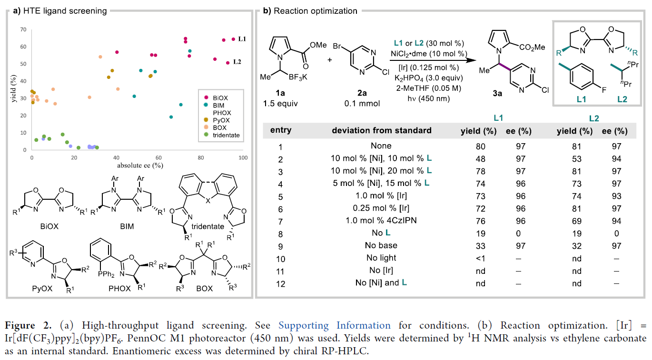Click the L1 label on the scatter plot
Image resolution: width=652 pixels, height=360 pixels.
(x=241, y=39)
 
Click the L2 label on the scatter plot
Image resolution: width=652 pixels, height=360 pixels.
(x=237, y=62)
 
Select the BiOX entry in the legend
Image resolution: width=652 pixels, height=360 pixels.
(x=221, y=97)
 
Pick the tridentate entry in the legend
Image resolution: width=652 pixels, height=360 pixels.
(x=226, y=135)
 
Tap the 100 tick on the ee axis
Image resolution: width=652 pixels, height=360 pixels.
(x=243, y=157)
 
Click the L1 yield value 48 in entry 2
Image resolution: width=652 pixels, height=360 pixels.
(x=480, y=159)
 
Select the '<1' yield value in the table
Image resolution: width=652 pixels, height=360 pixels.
(x=480, y=258)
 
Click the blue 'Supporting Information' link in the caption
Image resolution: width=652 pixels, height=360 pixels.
(x=334, y=326)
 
